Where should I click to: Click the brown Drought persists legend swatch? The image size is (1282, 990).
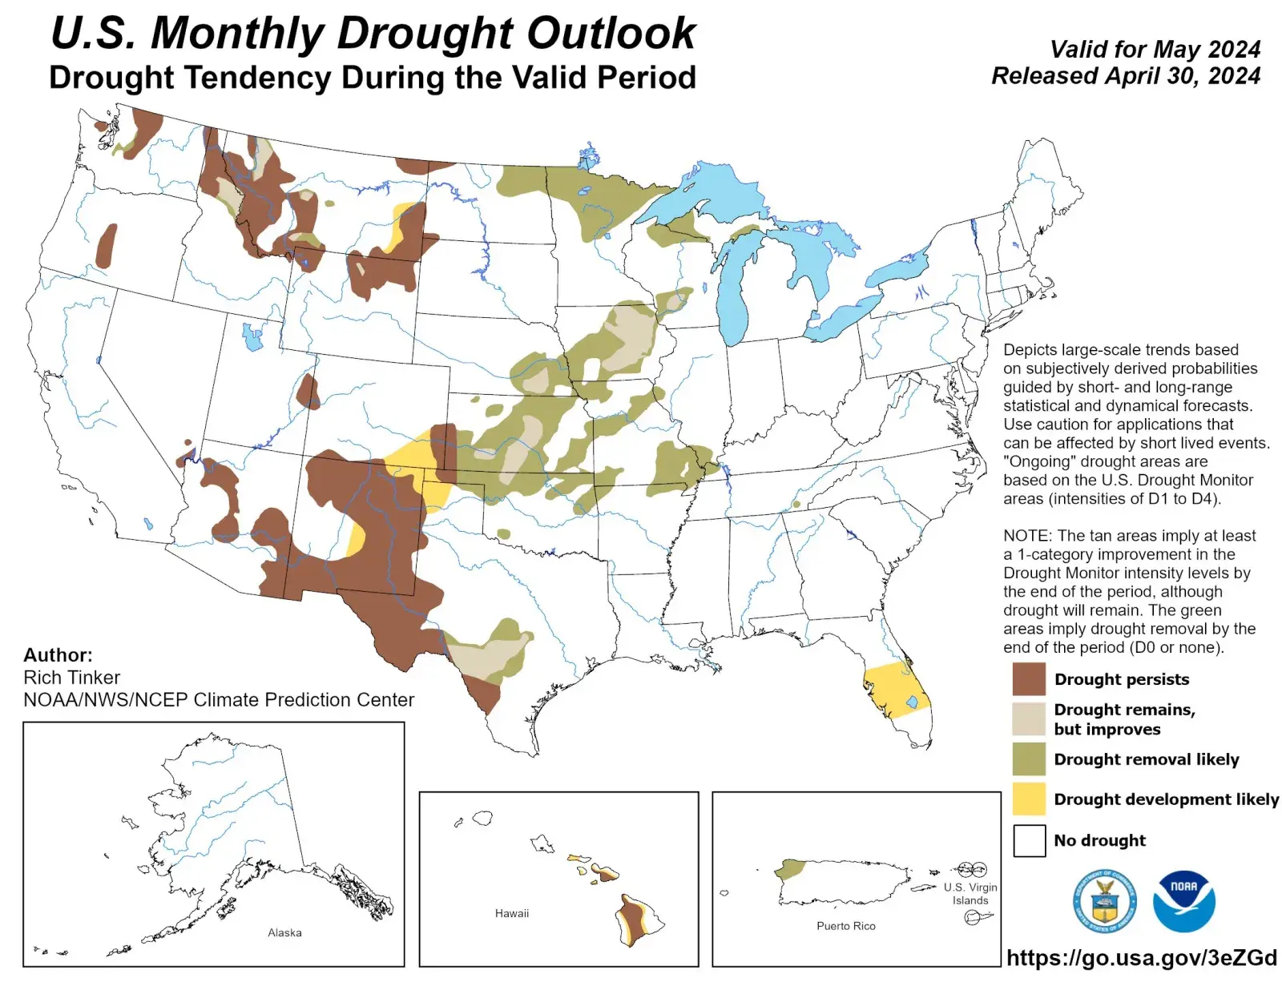(1029, 679)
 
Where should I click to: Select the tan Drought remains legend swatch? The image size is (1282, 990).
(1029, 718)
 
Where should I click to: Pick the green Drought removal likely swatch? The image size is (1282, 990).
(1029, 759)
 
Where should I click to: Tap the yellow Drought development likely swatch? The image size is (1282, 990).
(1029, 799)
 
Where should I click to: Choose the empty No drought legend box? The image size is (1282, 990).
(1029, 840)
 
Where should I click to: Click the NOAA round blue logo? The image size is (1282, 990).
(1183, 901)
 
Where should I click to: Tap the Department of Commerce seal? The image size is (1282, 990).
(1104, 901)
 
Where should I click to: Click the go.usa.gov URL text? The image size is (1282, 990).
(1141, 958)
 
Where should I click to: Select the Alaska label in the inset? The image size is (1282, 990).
(284, 932)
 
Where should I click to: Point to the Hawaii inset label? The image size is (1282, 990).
(511, 913)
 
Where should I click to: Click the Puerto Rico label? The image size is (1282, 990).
(845, 926)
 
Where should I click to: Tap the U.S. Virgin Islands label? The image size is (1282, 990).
(970, 893)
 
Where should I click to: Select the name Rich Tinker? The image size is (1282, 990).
(72, 678)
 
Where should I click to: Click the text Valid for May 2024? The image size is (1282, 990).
(1155, 50)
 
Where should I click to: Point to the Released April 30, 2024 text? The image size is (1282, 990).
(1126, 76)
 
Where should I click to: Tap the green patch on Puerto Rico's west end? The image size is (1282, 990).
(791, 869)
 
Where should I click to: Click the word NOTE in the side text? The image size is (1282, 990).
(1026, 536)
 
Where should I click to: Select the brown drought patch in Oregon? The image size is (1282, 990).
(106, 247)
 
